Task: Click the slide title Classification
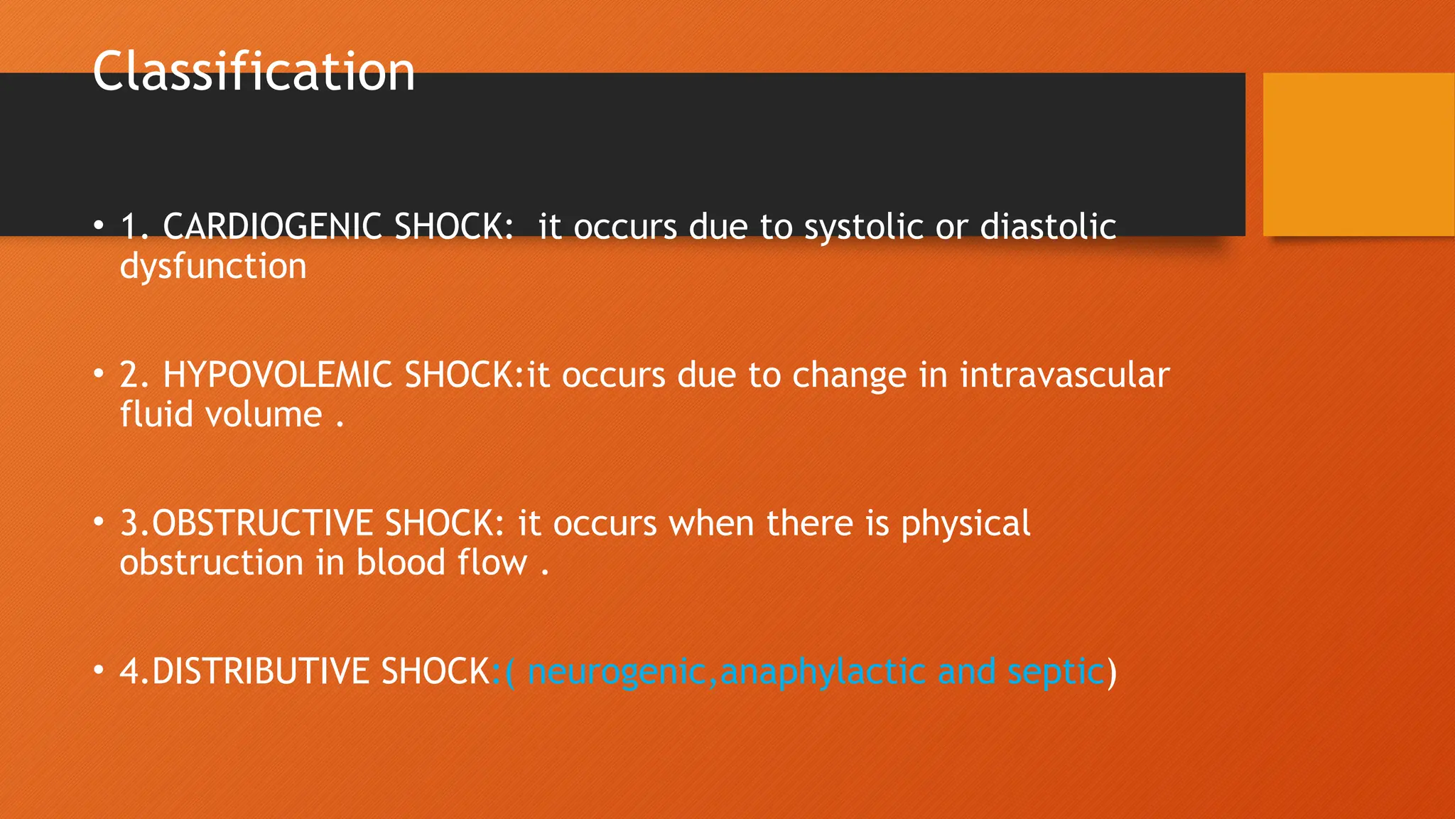pos(254,72)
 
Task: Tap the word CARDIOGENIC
pos(272,227)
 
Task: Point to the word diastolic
pos(1048,227)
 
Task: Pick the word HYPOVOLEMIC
pos(277,375)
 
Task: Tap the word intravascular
pos(1064,375)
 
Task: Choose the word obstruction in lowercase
pos(212,562)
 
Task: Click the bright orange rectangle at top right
pos(1358,154)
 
